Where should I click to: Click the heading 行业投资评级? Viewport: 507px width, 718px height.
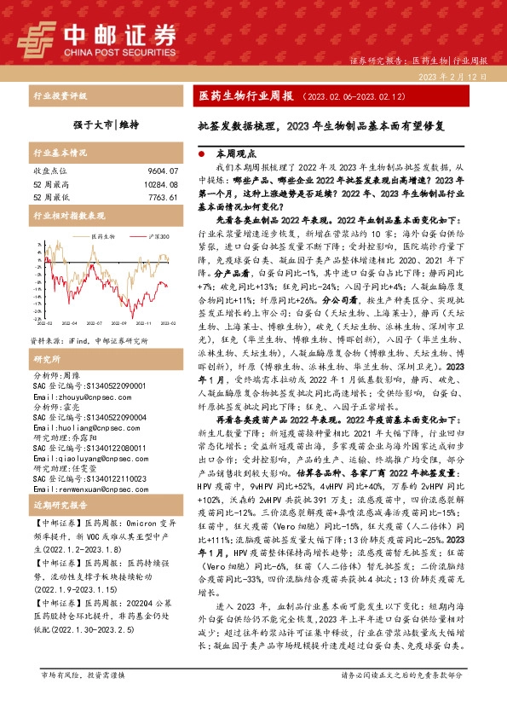coord(59,97)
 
